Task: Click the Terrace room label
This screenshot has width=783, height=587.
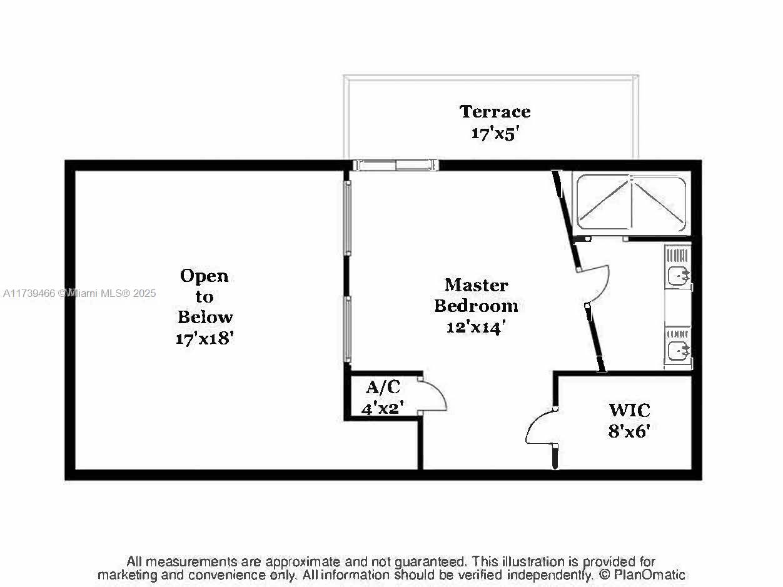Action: click(x=495, y=111)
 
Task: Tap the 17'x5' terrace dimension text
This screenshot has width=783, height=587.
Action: click(x=495, y=134)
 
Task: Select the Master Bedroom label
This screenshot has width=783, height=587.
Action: click(x=476, y=296)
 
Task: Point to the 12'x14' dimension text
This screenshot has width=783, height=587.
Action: click(x=476, y=327)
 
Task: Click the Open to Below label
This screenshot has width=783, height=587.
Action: click(x=205, y=296)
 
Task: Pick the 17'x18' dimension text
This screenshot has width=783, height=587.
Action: click(x=205, y=338)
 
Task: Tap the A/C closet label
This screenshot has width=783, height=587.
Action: click(x=383, y=387)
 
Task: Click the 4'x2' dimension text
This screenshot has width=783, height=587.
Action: click(x=382, y=408)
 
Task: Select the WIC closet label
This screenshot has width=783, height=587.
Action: click(x=630, y=410)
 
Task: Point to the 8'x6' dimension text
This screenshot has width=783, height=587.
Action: click(x=629, y=431)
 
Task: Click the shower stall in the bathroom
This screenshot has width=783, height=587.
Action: click(x=632, y=203)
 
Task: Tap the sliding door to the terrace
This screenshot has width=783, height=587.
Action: click(x=396, y=165)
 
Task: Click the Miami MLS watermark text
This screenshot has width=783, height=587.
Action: click(x=79, y=293)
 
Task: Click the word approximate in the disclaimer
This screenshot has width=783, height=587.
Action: click(x=303, y=562)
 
